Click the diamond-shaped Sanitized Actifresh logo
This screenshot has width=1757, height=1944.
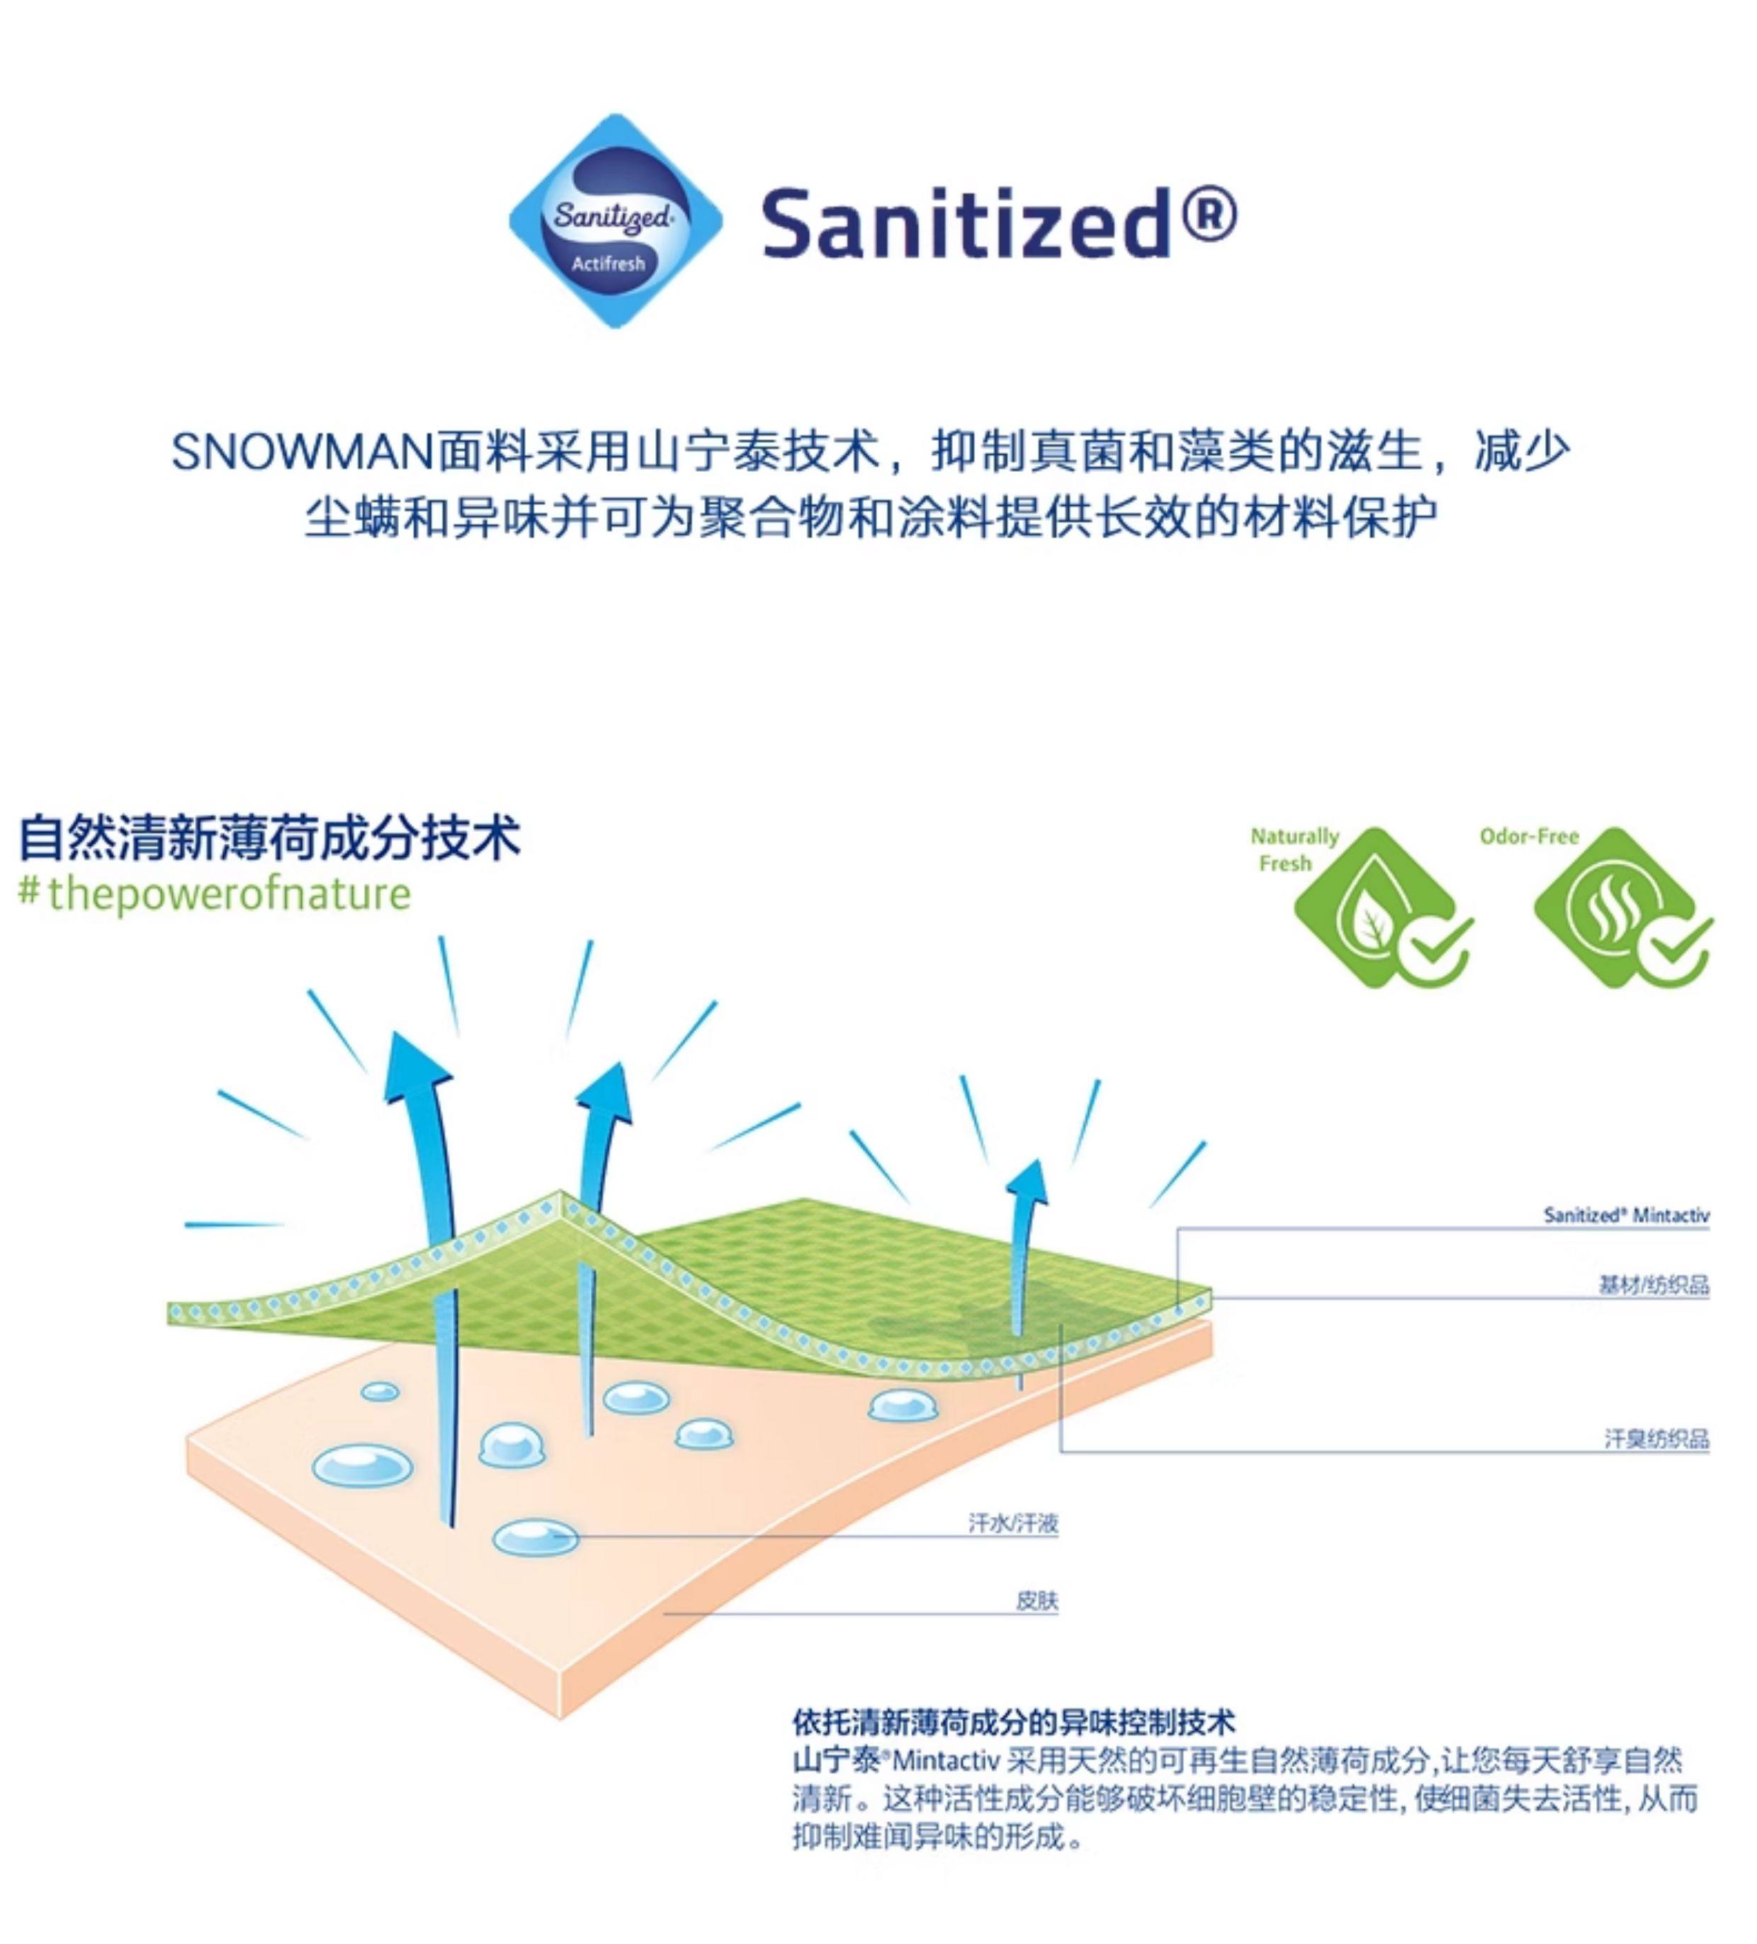(615, 222)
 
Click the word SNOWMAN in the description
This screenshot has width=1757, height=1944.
(302, 452)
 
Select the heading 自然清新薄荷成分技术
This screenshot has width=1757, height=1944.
(270, 836)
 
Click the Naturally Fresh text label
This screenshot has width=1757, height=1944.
(1293, 849)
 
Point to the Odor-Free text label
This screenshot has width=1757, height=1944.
(1528, 836)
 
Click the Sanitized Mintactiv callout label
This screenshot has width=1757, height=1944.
(1625, 1215)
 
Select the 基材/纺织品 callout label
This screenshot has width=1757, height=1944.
(1653, 1284)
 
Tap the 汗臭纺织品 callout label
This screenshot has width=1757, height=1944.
(1656, 1439)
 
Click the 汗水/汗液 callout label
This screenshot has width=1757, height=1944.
(1012, 1522)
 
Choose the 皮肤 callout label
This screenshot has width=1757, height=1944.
(1036, 1600)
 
